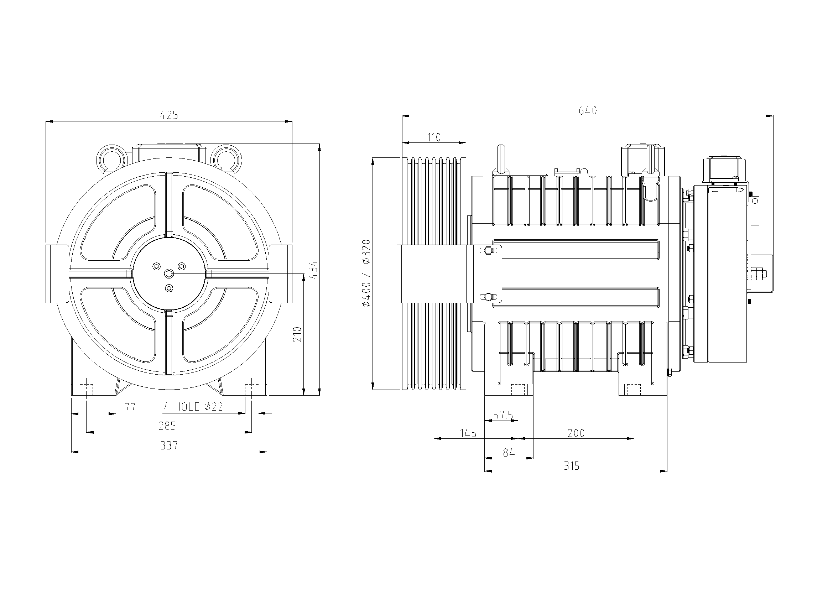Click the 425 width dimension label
point(169,115)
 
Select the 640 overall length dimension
point(587,111)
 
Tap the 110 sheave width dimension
point(433,137)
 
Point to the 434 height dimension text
point(314,269)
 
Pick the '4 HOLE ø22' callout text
point(193,407)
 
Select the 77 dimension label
point(130,407)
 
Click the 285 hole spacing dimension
point(167,426)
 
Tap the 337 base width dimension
point(169,445)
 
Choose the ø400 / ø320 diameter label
point(366,273)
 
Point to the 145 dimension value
point(468,433)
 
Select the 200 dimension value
point(576,433)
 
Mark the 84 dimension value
point(509,453)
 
